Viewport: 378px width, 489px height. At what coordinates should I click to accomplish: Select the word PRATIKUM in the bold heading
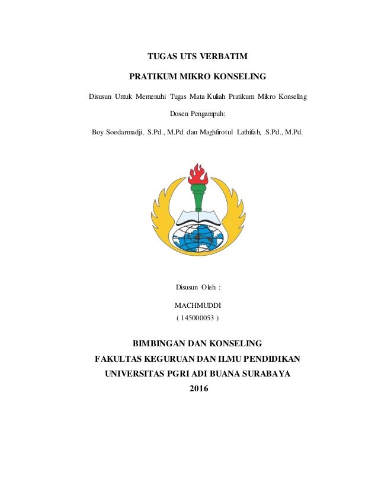click(x=152, y=76)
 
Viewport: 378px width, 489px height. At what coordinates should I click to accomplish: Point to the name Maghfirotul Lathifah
click(x=226, y=131)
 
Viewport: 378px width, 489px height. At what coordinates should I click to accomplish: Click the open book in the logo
click(x=197, y=217)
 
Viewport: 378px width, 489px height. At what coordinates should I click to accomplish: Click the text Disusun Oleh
click(x=198, y=287)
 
